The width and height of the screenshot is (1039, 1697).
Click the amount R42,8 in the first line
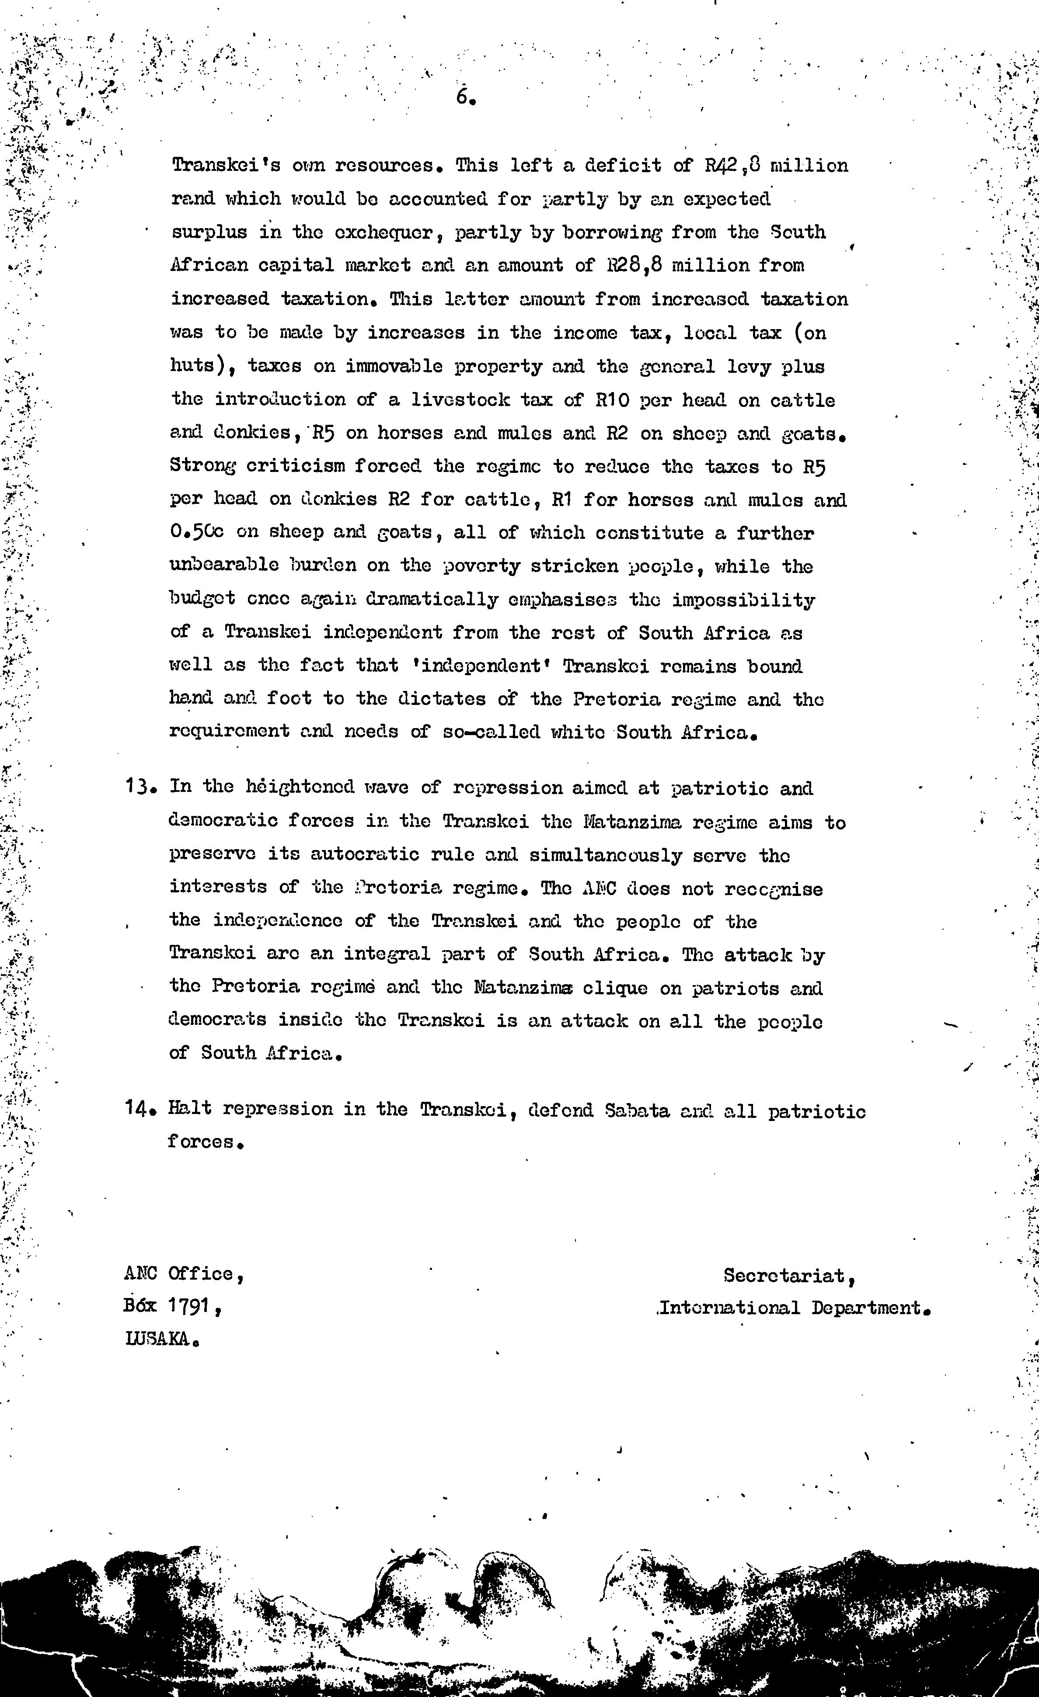pos(730,166)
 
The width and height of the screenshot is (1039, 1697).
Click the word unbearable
pos(224,566)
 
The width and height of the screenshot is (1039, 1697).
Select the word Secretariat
pos(788,1276)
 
